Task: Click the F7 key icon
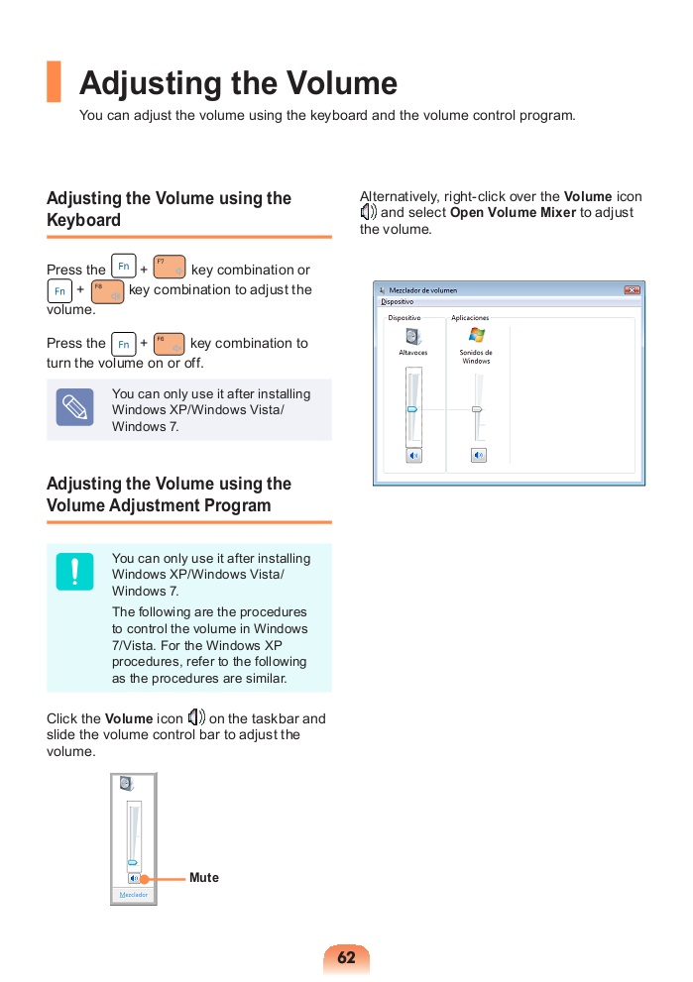click(170, 268)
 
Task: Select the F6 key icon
click(170, 343)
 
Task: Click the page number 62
click(346, 958)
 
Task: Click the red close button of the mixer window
click(632, 290)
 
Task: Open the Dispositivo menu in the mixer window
click(398, 301)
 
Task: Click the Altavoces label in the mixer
click(412, 353)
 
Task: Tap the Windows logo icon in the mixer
click(477, 335)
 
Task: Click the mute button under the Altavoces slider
click(413, 455)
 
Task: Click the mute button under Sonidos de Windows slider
click(478, 455)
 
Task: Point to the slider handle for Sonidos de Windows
click(477, 408)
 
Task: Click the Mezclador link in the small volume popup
click(133, 895)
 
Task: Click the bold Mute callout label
click(204, 878)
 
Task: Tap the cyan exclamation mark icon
click(74, 571)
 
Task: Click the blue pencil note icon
click(74, 407)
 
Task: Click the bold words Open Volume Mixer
click(513, 213)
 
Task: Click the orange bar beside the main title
click(54, 82)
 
